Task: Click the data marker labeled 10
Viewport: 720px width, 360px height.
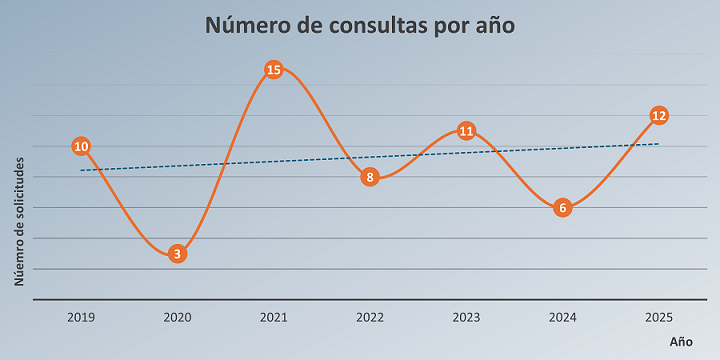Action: pos(81,146)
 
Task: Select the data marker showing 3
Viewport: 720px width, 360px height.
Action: pos(177,253)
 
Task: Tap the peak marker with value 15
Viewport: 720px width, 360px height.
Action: pos(273,69)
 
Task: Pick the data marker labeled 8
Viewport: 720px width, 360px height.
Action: pos(370,177)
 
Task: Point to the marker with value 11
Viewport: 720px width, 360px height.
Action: pos(466,130)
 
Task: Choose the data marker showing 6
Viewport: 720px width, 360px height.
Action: pos(562,208)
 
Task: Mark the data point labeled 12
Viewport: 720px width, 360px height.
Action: pos(658,115)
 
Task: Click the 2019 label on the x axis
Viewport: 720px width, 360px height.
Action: pos(81,317)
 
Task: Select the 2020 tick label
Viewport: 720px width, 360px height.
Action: pos(177,317)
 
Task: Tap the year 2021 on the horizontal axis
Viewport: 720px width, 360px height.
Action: pos(273,317)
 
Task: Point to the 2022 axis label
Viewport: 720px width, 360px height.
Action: pos(370,317)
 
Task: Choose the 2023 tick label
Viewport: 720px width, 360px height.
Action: pos(466,317)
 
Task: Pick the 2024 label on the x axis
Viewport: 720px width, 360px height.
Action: pos(562,317)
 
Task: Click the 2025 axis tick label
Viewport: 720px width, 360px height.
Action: pos(658,317)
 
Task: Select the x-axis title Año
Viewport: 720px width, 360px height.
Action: pos(680,341)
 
